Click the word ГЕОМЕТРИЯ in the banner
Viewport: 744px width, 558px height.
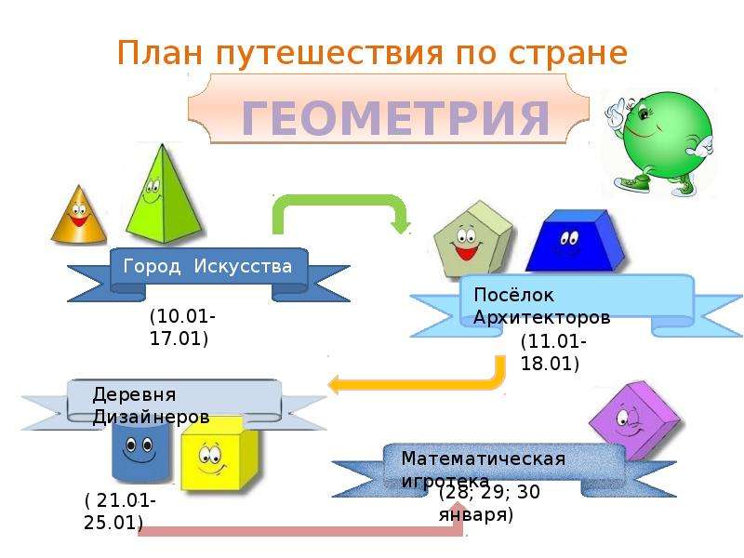coord(395,117)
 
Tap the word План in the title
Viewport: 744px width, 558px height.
coord(160,52)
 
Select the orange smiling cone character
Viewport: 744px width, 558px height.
coord(79,215)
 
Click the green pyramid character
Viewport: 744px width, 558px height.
coord(165,193)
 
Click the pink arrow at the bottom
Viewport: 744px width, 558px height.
coord(304,531)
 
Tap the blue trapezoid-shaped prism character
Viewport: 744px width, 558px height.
coord(574,241)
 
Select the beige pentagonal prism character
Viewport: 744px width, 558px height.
coord(472,239)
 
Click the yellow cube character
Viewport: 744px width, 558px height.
coord(219,454)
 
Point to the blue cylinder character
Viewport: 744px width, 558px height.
coord(140,451)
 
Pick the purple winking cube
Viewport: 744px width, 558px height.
coord(634,420)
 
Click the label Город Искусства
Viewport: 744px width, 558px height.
coord(207,266)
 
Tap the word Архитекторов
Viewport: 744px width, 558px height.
coord(541,317)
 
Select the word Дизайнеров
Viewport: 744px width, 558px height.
coord(151,417)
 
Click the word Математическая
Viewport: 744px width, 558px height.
coord(483,458)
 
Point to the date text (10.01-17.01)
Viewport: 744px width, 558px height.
coord(182,327)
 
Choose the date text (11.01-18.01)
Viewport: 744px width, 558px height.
coord(553,352)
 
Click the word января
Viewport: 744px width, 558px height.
coord(476,515)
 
